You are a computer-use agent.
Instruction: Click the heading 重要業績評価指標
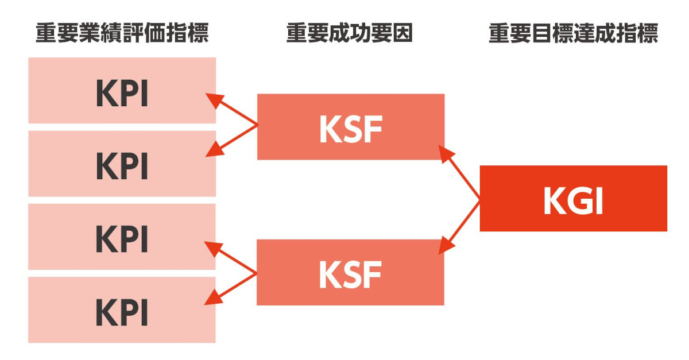point(122,34)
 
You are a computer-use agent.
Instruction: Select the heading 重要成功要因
point(350,34)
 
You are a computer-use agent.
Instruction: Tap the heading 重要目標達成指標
point(573,34)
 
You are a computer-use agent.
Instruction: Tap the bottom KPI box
point(122,310)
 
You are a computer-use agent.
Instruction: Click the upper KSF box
point(350,126)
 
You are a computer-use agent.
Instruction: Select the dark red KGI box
point(573,199)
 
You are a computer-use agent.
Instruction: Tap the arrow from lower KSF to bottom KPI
point(233,287)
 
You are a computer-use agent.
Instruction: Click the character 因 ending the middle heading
point(404,34)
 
